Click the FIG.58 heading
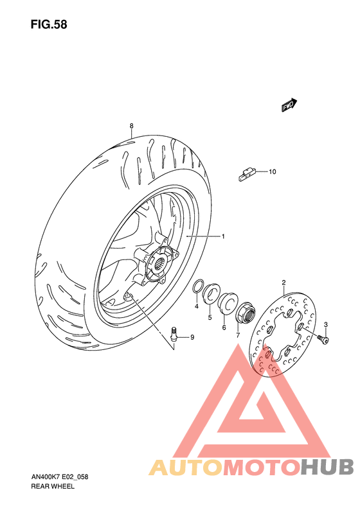pyautogui.click(x=48, y=25)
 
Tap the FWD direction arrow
pyautogui.click(x=289, y=106)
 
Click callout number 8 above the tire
pyautogui.click(x=130, y=125)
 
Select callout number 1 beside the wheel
pyautogui.click(x=223, y=237)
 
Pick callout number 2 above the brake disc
pyautogui.click(x=284, y=282)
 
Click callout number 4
pyautogui.click(x=197, y=306)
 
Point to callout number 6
pyautogui.click(x=224, y=327)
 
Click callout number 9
pyautogui.click(x=191, y=337)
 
